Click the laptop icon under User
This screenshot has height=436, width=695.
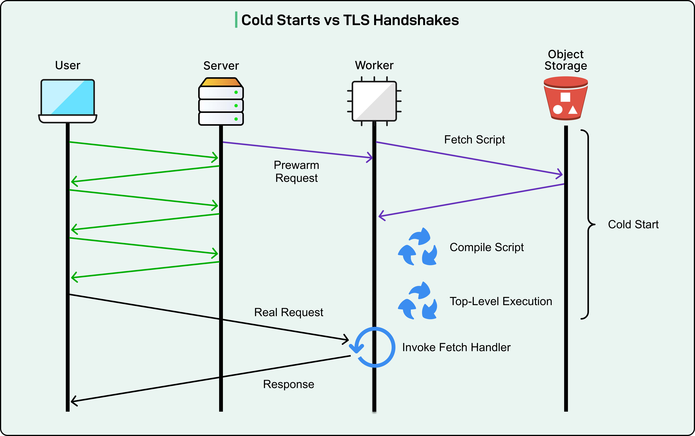tap(68, 101)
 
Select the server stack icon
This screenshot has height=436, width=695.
tap(221, 102)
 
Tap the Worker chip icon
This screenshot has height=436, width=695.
tap(374, 101)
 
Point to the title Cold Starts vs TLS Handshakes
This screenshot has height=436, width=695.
tap(350, 20)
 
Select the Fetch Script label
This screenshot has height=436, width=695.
tap(475, 140)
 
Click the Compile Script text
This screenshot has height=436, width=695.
tap(487, 247)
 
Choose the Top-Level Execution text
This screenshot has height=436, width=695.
tap(501, 301)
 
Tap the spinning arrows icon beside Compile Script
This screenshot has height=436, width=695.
tap(417, 247)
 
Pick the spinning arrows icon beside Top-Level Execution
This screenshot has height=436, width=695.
tap(417, 301)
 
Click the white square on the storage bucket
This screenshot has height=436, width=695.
tap(565, 97)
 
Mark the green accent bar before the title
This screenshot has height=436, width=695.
tap(236, 20)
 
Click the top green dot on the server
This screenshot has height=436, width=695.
tap(236, 92)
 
